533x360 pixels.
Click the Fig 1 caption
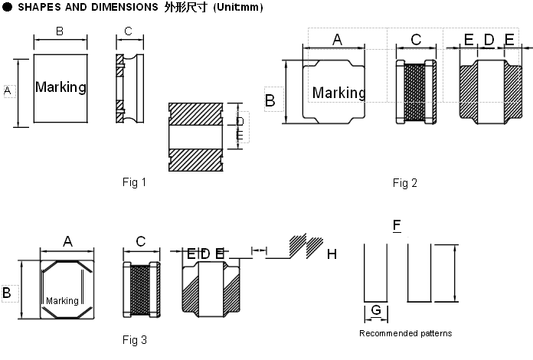(x=134, y=182)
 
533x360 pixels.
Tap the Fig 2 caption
(x=404, y=182)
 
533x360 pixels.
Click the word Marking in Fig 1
(x=60, y=87)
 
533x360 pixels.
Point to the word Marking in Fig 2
(x=338, y=93)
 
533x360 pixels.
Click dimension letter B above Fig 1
(x=60, y=31)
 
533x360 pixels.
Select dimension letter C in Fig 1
(x=128, y=31)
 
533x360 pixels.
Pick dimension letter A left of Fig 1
(x=8, y=91)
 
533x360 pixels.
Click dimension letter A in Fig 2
(x=336, y=40)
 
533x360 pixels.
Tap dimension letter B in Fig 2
(x=270, y=100)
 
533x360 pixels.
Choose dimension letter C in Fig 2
(x=415, y=40)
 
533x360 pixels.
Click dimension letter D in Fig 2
(x=489, y=40)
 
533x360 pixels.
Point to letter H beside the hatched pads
(x=332, y=254)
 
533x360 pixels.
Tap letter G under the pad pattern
(x=375, y=310)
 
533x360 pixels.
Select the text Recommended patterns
(x=405, y=333)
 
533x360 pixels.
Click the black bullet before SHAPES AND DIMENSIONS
(x=7, y=7)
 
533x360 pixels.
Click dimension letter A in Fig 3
(x=67, y=241)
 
